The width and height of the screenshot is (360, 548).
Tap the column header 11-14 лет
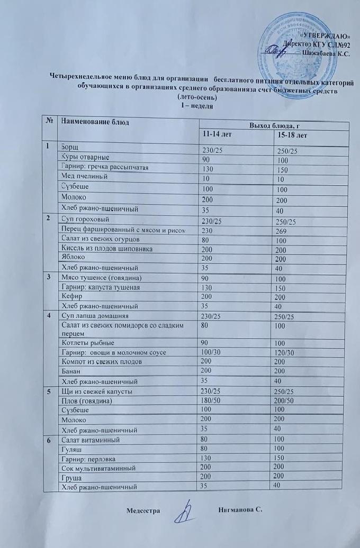(217, 134)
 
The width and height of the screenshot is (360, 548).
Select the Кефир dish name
(72, 296)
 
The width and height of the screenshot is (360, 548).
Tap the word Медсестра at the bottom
(142, 510)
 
